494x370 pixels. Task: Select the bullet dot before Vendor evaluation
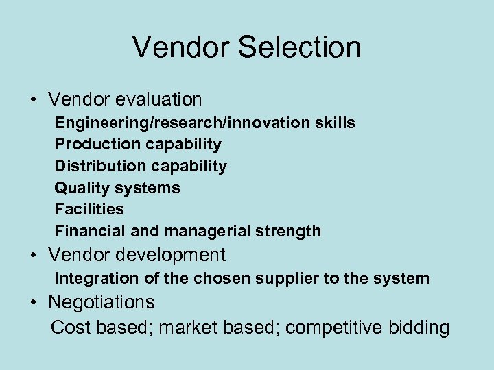click(x=33, y=101)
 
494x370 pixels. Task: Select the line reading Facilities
click(x=89, y=209)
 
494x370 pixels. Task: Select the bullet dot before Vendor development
click(x=33, y=256)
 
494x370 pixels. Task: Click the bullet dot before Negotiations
click(x=33, y=303)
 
